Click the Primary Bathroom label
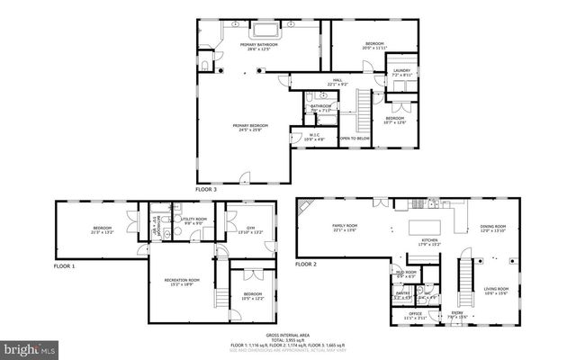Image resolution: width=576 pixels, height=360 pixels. point(259,46)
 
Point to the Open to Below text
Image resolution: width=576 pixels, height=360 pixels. point(355,139)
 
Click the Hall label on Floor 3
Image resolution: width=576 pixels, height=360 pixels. point(337,82)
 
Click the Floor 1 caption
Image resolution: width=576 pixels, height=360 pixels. point(65,267)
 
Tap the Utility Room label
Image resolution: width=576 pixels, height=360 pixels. point(194,220)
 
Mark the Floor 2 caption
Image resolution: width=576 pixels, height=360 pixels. point(307,264)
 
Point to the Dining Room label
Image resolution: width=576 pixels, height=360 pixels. point(492,229)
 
